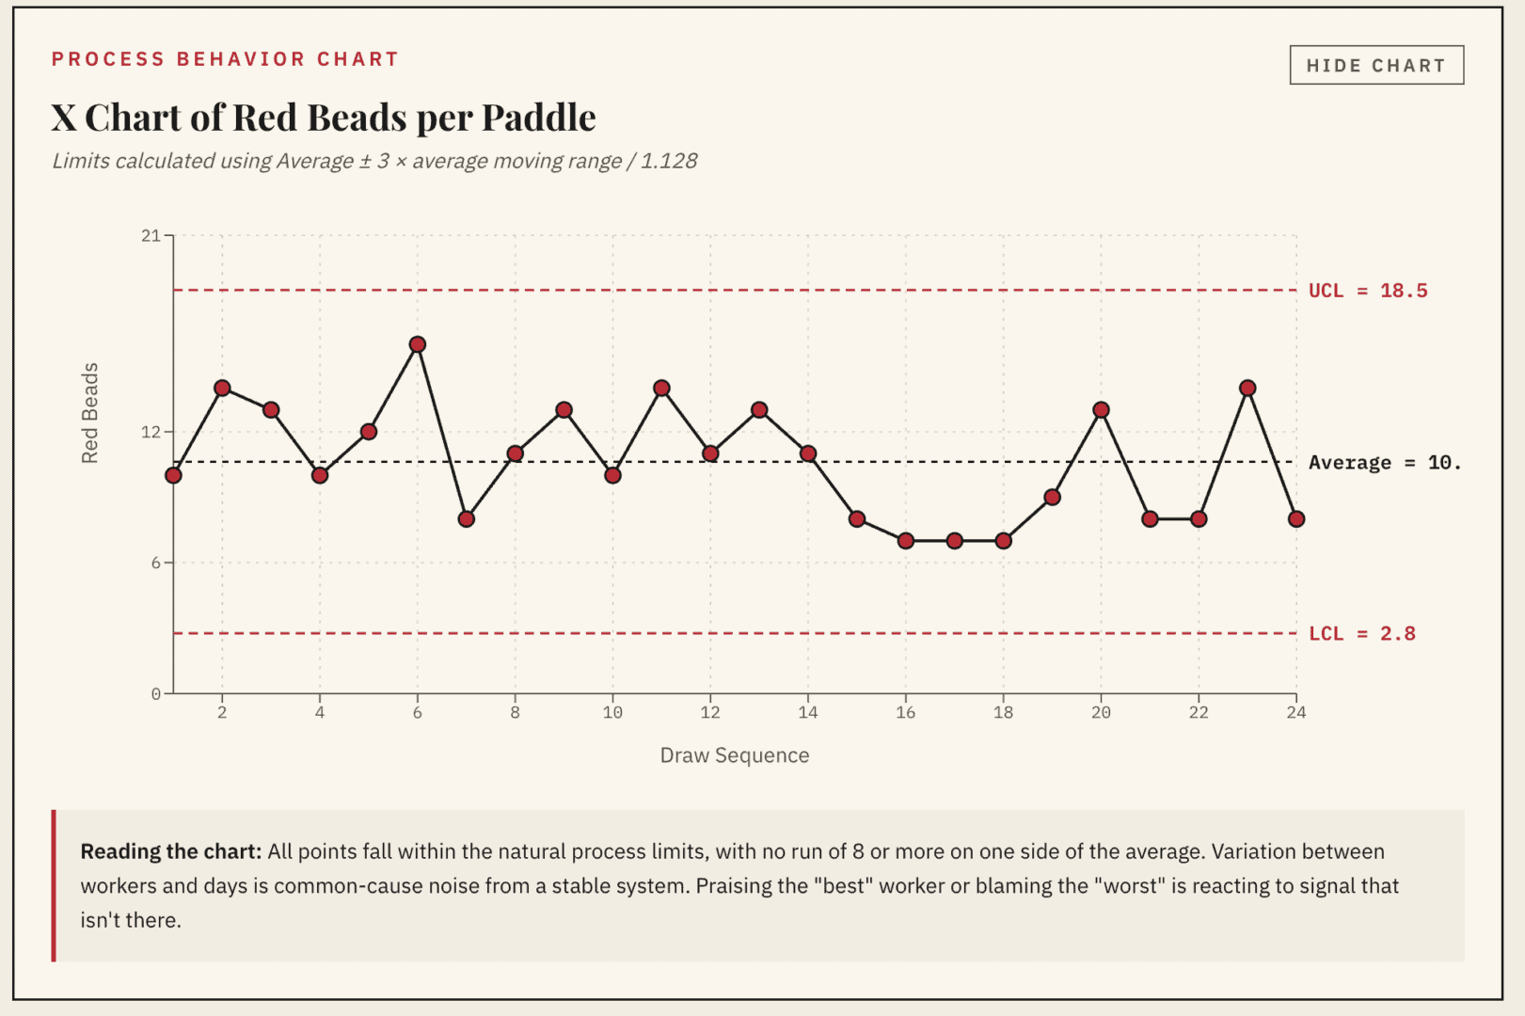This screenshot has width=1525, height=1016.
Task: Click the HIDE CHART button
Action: pyautogui.click(x=1375, y=65)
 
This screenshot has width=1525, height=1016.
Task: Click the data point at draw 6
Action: pyautogui.click(x=418, y=344)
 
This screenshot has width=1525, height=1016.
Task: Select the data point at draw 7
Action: pyautogui.click(x=467, y=519)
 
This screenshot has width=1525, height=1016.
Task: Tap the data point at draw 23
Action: pyautogui.click(x=1247, y=388)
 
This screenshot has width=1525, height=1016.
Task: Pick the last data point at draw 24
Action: pyautogui.click(x=1296, y=519)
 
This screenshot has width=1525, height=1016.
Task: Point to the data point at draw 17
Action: pyautogui.click(x=955, y=541)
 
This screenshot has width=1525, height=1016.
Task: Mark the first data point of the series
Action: pyautogui.click(x=173, y=475)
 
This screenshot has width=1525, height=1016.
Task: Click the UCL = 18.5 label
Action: pyautogui.click(x=1367, y=291)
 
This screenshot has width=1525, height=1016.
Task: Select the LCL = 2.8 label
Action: pyautogui.click(x=1361, y=634)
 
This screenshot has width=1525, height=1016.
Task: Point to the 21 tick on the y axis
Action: pyautogui.click(x=151, y=235)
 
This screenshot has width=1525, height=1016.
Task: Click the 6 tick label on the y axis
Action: pyautogui.click(x=155, y=563)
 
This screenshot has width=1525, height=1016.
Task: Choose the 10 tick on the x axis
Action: pyautogui.click(x=612, y=713)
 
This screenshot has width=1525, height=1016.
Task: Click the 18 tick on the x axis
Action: pyautogui.click(x=1003, y=713)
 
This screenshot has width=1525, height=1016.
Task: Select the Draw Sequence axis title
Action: pyautogui.click(x=734, y=755)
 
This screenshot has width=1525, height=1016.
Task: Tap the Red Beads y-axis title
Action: pyautogui.click(x=89, y=413)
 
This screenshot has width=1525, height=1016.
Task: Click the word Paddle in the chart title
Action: pyautogui.click(x=539, y=118)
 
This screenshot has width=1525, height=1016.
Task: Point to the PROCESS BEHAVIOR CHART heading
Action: pyautogui.click(x=225, y=59)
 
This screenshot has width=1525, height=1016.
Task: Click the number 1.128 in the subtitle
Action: pyautogui.click(x=669, y=161)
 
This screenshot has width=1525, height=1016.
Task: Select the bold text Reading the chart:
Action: pyautogui.click(x=170, y=851)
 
